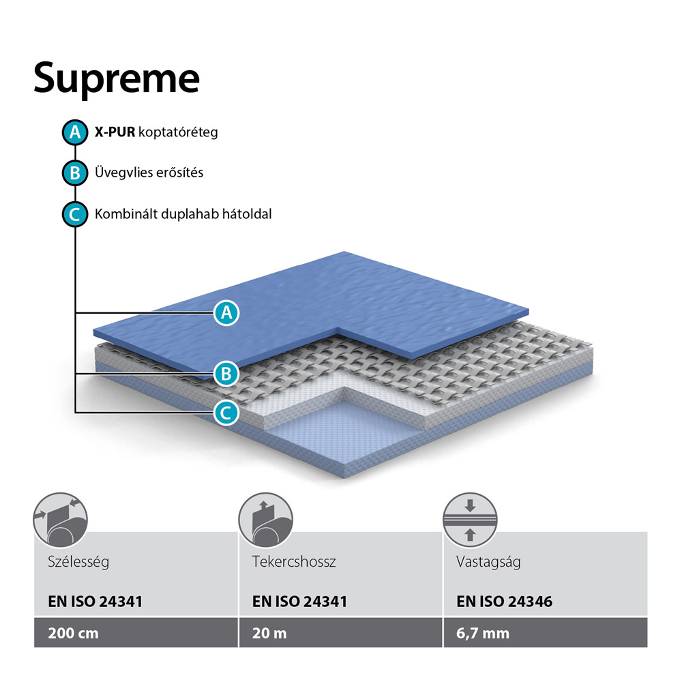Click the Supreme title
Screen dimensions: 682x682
click(x=117, y=79)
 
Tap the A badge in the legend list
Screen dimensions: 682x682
click(x=75, y=132)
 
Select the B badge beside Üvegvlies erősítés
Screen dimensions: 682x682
click(x=75, y=173)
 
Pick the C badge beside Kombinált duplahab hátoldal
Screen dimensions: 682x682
click(x=75, y=214)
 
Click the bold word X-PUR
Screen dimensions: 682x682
click(x=115, y=132)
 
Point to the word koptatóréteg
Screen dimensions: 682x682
click(x=178, y=132)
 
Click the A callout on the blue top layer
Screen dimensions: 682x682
click(x=226, y=313)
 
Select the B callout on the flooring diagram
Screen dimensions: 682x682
click(x=226, y=374)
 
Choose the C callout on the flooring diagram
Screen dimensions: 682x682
click(x=226, y=413)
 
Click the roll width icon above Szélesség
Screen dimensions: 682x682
click(x=61, y=520)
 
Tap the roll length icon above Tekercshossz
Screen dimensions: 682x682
click(x=266, y=520)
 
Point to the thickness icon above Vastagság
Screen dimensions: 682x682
click(x=470, y=520)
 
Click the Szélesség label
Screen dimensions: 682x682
click(x=78, y=561)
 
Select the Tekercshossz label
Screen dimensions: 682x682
click(x=294, y=561)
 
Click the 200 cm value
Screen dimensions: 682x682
click(x=73, y=633)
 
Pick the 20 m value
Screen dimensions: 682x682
click(x=269, y=633)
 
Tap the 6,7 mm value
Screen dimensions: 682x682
click(x=483, y=634)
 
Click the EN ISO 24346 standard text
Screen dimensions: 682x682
click(x=504, y=602)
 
